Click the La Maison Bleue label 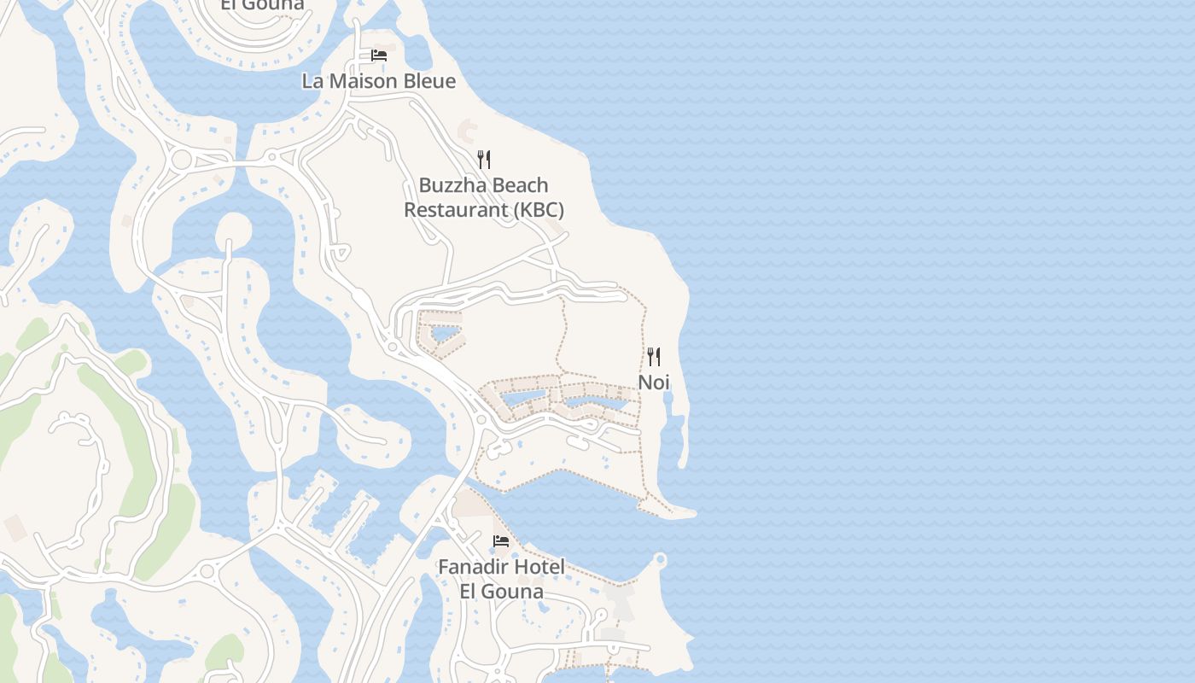(378, 81)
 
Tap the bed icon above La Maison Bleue (378, 55)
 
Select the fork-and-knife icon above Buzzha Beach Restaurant (484, 159)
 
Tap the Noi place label (654, 382)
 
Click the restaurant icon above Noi (654, 356)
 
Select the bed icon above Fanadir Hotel (501, 540)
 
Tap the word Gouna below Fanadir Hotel (514, 591)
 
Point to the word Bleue (429, 81)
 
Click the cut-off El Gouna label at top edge (262, 5)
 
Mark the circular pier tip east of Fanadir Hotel (659, 560)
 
